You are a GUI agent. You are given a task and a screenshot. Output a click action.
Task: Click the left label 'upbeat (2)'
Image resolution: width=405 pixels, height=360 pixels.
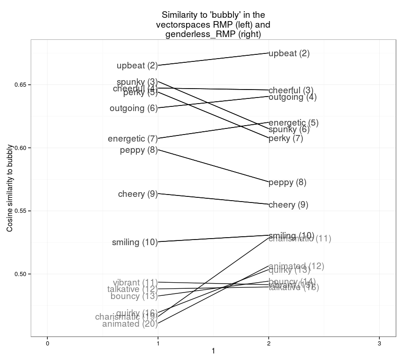coord(137,66)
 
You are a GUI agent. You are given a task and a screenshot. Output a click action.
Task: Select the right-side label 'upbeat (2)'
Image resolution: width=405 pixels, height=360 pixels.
coord(289,53)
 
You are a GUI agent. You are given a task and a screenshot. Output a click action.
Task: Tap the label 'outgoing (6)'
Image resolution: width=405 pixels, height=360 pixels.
coord(134,108)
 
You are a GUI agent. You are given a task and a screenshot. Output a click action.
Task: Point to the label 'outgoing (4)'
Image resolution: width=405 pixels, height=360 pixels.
coord(292,97)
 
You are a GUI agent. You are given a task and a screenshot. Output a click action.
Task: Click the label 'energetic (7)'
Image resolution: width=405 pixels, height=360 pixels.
coord(133,139)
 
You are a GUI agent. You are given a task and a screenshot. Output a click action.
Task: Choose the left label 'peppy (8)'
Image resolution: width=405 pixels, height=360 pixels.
coord(139,150)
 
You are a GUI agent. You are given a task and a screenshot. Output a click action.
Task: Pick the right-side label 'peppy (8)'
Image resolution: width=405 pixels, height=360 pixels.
coord(287,182)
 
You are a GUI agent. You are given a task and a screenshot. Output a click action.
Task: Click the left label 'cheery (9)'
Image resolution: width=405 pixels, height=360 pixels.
coord(138,194)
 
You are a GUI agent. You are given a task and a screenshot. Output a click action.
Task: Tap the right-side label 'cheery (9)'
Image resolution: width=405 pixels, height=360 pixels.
coord(288,205)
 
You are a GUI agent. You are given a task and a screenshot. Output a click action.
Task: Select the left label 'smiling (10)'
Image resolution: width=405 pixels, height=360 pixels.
coord(135,242)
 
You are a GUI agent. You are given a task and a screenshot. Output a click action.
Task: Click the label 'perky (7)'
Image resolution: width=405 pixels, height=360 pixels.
coord(286,139)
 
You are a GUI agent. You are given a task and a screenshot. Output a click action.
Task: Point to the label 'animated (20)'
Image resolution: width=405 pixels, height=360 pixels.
coord(130,324)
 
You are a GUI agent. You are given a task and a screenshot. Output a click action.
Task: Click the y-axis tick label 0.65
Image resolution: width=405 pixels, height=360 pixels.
coord(22,85)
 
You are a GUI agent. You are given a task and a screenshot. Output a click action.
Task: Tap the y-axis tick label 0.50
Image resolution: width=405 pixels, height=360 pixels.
coord(22,274)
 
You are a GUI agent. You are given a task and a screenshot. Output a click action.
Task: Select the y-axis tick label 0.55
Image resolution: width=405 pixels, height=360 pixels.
coord(22,211)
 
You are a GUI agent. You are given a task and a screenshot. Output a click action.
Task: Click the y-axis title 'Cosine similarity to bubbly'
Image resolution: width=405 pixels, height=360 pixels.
coord(10,187)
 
